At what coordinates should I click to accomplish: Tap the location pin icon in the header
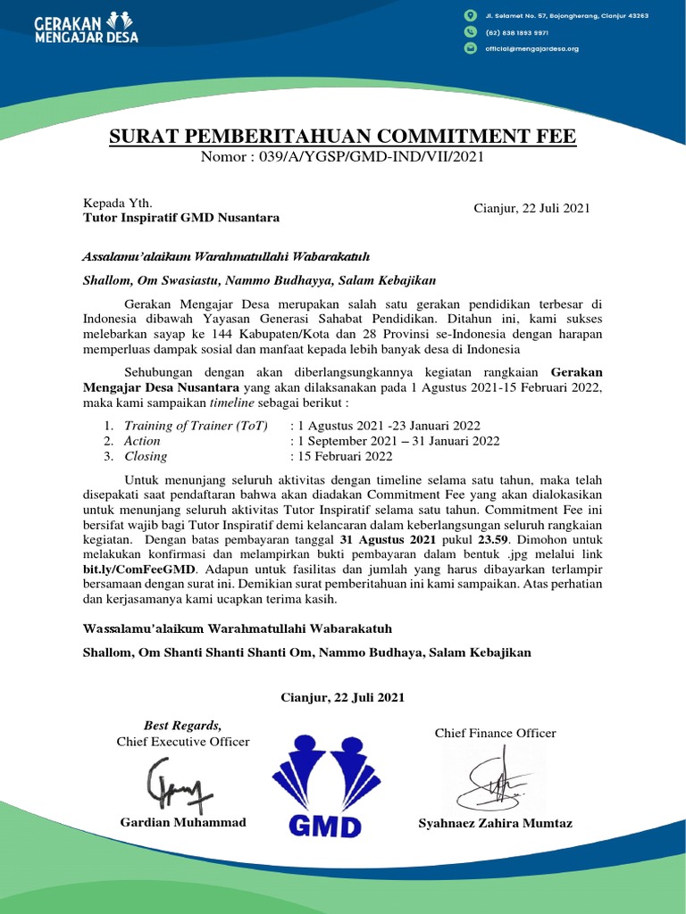pyautogui.click(x=470, y=16)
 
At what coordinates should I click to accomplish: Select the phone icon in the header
pyautogui.click(x=470, y=32)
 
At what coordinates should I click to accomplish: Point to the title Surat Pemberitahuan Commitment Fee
pyautogui.click(x=343, y=137)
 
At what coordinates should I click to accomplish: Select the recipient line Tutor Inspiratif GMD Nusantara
pyautogui.click(x=180, y=218)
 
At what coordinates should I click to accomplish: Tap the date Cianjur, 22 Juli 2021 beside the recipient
pyautogui.click(x=531, y=208)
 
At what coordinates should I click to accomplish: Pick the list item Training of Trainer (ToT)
pyautogui.click(x=195, y=425)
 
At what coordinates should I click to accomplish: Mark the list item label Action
pyautogui.click(x=142, y=441)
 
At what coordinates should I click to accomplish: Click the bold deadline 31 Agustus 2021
pyautogui.click(x=388, y=541)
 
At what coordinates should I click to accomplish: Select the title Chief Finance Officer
pyautogui.click(x=495, y=733)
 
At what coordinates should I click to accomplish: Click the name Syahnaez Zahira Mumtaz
pyautogui.click(x=495, y=823)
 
